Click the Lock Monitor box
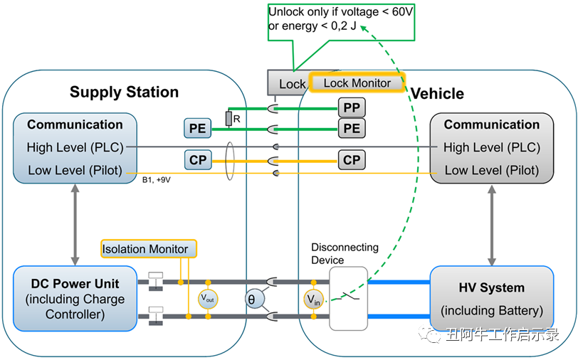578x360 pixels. pyautogui.click(x=357, y=83)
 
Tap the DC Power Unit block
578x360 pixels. pyautogui.click(x=75, y=298)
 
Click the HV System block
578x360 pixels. pyautogui.click(x=492, y=299)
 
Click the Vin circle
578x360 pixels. pyautogui.click(x=313, y=300)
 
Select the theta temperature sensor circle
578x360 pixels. pyautogui.click(x=251, y=300)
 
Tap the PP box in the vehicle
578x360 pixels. pyautogui.click(x=352, y=108)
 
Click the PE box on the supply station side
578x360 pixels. pyautogui.click(x=198, y=129)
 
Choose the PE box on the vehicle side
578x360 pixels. pyautogui.click(x=352, y=129)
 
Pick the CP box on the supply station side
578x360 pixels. pyautogui.click(x=198, y=160)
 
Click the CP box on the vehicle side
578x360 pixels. pyautogui.click(x=352, y=160)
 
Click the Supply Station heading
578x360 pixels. pyautogui.click(x=124, y=92)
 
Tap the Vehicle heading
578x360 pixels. pyautogui.click(x=437, y=94)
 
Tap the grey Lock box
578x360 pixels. pyautogui.click(x=288, y=84)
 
